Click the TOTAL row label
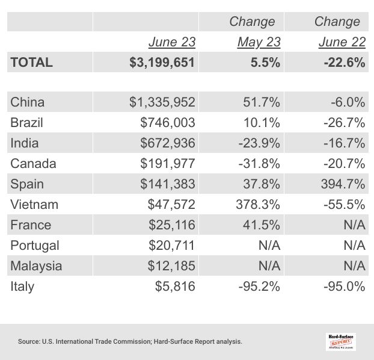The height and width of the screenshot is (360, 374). tap(32, 62)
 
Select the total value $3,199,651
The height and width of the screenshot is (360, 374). tap(162, 62)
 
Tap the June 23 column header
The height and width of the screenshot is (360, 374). tap(172, 42)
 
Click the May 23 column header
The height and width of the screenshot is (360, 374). tap(259, 42)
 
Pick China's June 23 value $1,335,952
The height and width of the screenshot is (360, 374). tap(162, 102)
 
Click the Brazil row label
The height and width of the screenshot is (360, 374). tap(26, 122)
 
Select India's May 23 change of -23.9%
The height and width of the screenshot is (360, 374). tap(257, 143)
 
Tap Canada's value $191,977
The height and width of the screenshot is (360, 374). tap(168, 163)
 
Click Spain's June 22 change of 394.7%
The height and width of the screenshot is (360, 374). tap(342, 184)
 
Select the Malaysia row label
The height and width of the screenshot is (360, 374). tap(36, 265)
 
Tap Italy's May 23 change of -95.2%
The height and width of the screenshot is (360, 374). tap(257, 286)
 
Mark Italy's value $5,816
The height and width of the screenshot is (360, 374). tap(175, 286)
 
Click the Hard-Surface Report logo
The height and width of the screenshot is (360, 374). tap(341, 341)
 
